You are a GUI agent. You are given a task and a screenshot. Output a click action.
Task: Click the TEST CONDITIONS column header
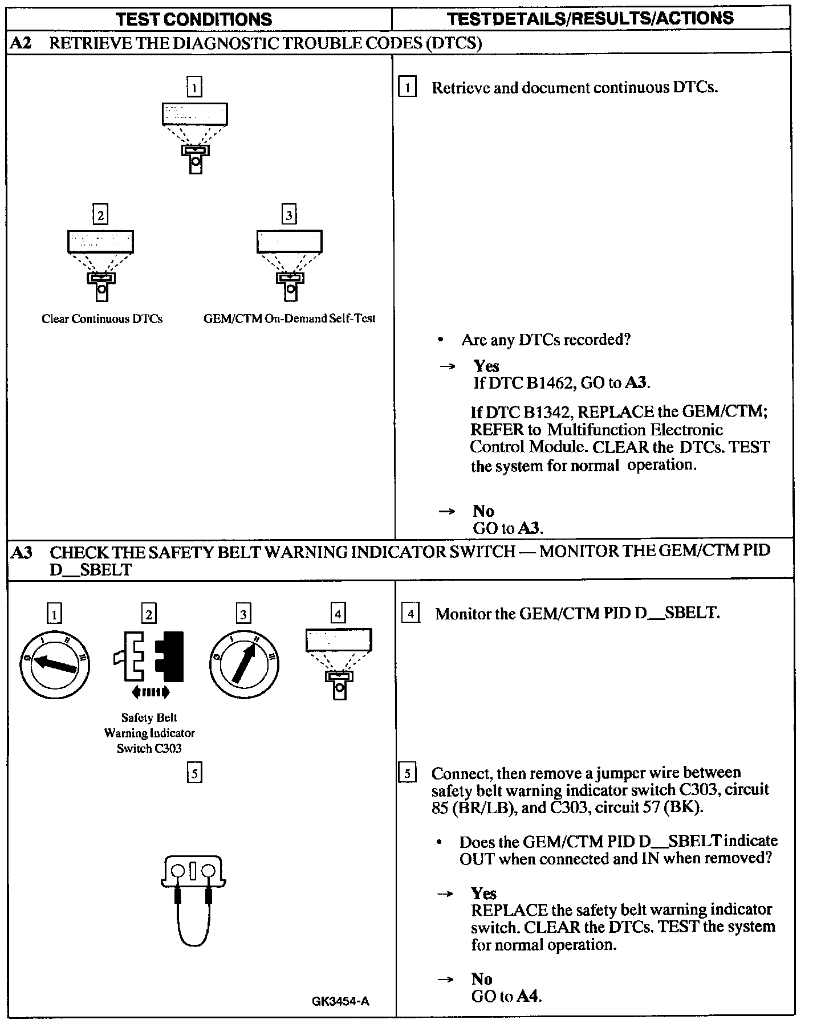[194, 19]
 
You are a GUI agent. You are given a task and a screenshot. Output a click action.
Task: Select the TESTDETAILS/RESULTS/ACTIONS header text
[590, 18]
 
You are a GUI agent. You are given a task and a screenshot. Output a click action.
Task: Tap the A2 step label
[21, 43]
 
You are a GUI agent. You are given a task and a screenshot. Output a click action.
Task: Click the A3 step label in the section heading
[22, 552]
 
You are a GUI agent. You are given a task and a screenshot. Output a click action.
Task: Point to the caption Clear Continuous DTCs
[102, 319]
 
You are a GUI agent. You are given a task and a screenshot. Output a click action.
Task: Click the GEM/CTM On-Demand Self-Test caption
[290, 319]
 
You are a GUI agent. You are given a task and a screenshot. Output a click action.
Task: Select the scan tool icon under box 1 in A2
[195, 137]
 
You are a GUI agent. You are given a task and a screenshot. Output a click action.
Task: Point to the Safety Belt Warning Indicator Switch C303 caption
[149, 733]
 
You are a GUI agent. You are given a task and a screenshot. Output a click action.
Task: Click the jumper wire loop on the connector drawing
[194, 923]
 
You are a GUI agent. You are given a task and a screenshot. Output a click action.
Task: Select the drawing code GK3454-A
[340, 1001]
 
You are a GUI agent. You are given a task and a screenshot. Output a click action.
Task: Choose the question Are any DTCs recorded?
[546, 340]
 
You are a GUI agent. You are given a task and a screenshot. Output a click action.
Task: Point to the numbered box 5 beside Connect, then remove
[407, 774]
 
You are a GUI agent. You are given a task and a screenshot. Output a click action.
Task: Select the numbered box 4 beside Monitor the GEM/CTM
[410, 614]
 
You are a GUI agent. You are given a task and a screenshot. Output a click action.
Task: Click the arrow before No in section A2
[446, 511]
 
